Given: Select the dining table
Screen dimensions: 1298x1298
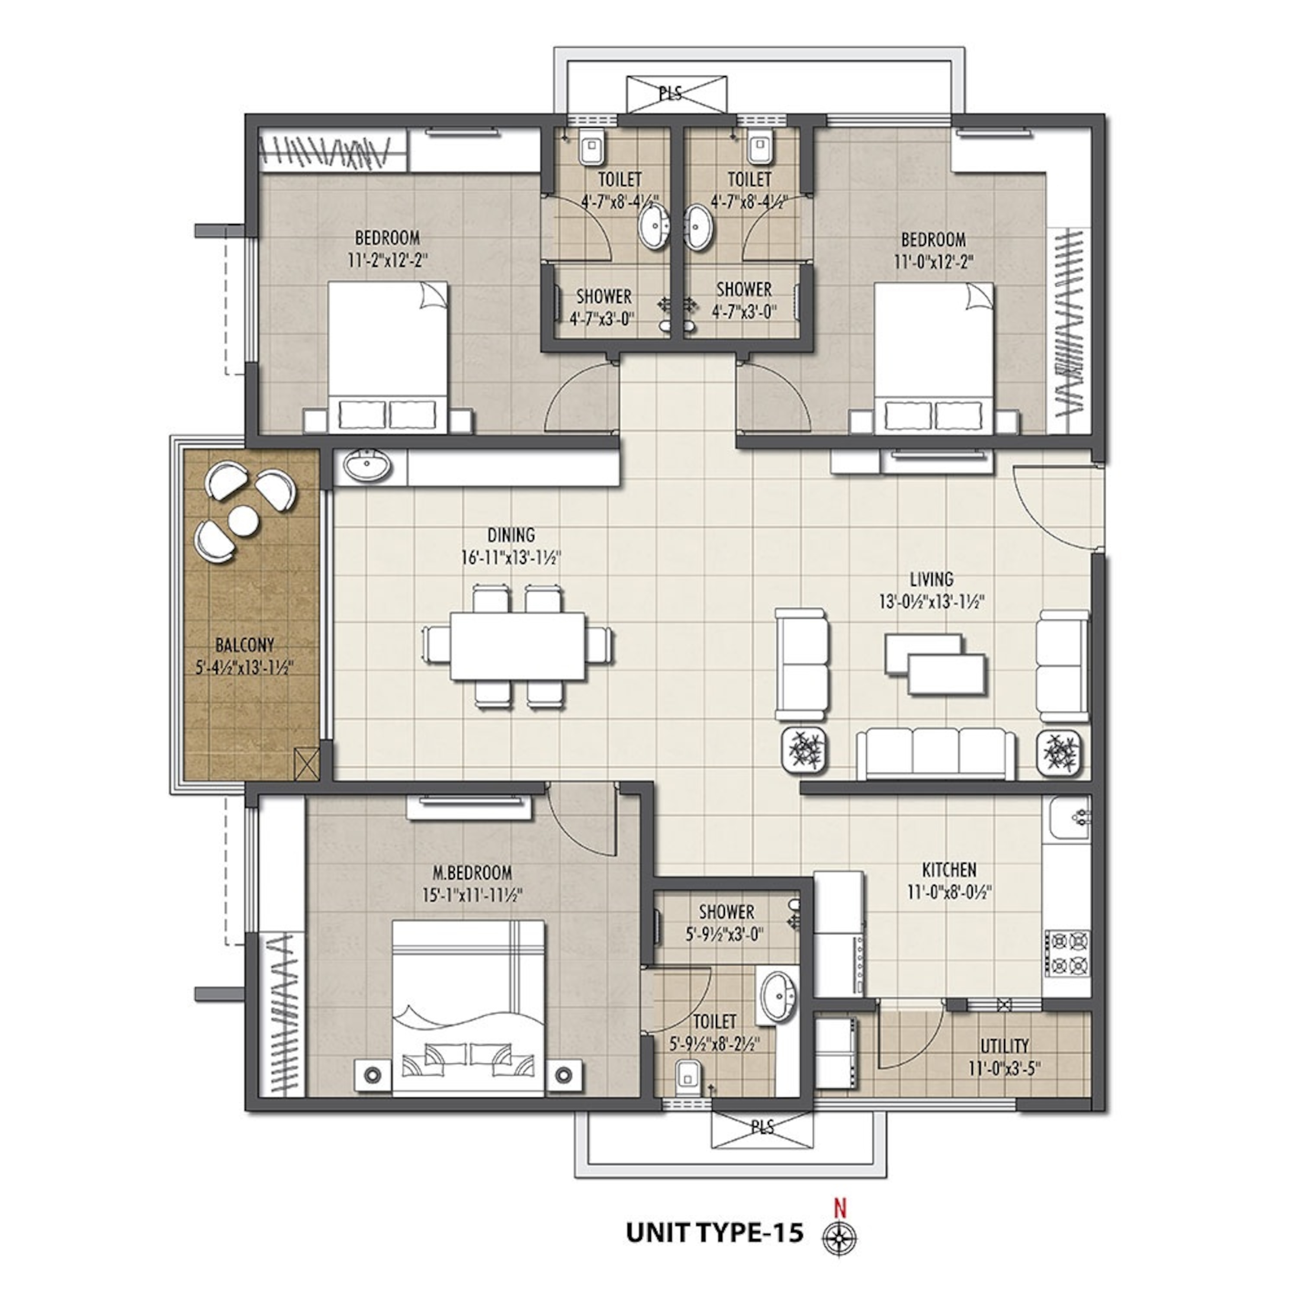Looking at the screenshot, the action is (517, 646).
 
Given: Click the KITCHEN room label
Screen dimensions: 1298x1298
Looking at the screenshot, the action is (949, 870).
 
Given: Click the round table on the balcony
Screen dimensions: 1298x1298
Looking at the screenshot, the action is (243, 520).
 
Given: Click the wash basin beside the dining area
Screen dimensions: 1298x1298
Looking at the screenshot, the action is (368, 466).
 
